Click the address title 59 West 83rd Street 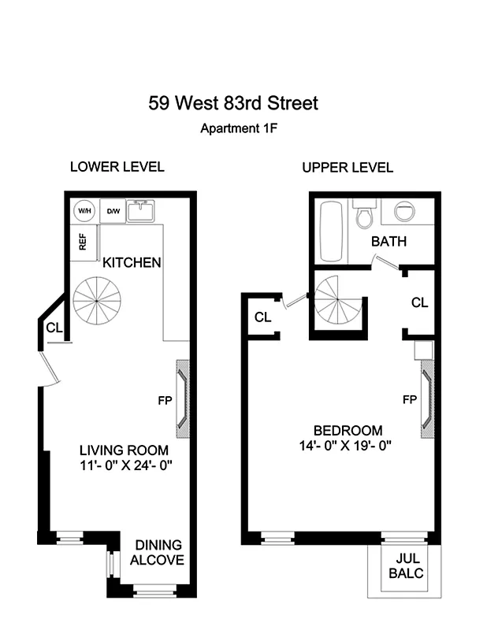click(233, 102)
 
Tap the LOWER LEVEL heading click(117, 167)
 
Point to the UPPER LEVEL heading click(348, 168)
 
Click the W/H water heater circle click(84, 211)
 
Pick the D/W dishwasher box click(113, 211)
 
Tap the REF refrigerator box click(83, 243)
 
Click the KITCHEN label click(132, 262)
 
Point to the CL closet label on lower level click(54, 328)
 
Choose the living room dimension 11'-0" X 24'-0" click(125, 465)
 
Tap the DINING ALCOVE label click(158, 552)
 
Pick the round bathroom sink click(403, 213)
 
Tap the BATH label click(388, 242)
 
